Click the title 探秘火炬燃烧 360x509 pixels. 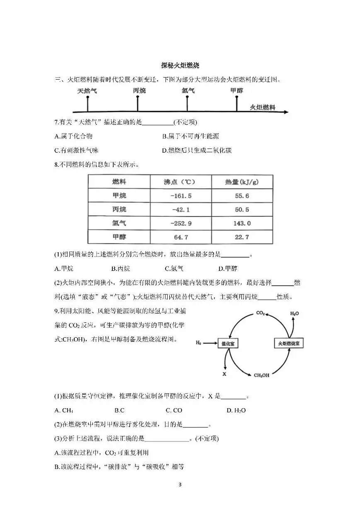tap(180, 65)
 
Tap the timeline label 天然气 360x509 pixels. tap(87, 90)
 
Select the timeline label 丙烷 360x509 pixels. tap(139, 90)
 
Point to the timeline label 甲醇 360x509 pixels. tap(237, 90)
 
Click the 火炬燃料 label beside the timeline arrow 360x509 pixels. tap(263, 107)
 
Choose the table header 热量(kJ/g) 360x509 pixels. tap(242, 182)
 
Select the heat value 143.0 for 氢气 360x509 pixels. tap(243, 223)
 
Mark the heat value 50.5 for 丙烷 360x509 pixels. tap(242, 209)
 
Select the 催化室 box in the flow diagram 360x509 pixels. tap(229, 343)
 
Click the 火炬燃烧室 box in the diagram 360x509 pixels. tap(289, 343)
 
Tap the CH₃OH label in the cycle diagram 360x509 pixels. tap(261, 375)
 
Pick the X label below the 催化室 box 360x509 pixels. tap(224, 374)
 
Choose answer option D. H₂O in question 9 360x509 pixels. tap(236, 410)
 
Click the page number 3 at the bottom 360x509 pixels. tap(180, 484)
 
